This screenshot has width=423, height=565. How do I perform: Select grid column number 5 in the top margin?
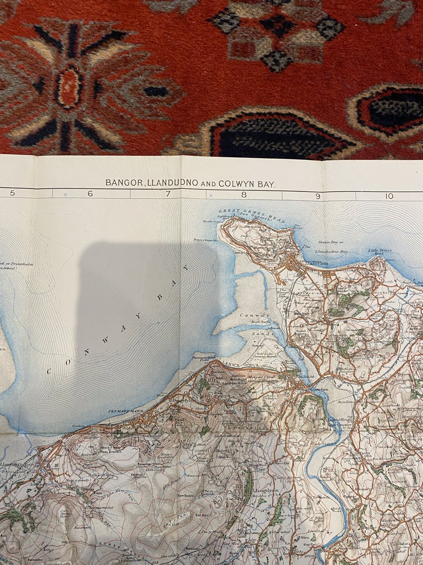pyautogui.click(x=12, y=194)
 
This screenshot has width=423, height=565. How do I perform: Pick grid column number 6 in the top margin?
pyautogui.click(x=90, y=194)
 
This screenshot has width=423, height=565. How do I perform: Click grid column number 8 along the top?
pyautogui.click(x=243, y=194)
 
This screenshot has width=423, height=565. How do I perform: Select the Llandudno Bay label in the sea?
pyautogui.click(x=332, y=252)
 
